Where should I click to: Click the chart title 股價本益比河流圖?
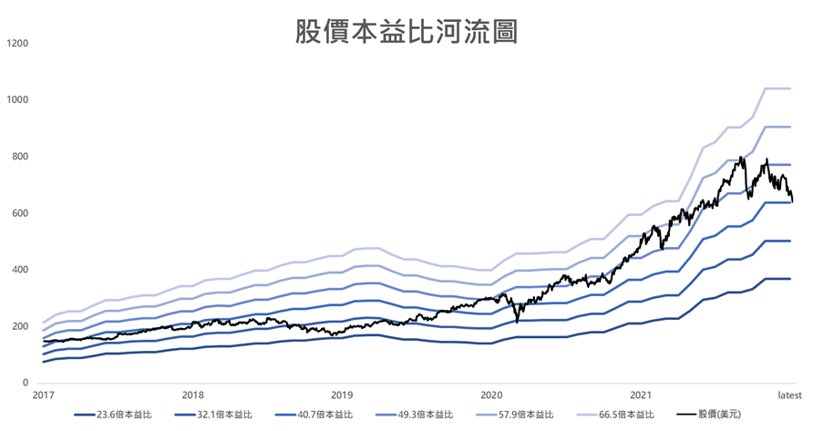pos(406,32)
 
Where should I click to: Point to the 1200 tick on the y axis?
pos(17,43)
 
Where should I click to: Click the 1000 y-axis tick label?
pos(17,99)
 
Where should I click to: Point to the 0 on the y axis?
pos(26,383)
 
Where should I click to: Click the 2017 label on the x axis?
pos(43,395)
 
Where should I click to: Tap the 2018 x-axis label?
pos(192,395)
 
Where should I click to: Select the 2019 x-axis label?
pos(342,395)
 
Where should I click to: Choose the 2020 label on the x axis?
pos(491,395)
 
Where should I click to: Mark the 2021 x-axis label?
pos(641,395)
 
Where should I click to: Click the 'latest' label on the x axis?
pos(789,395)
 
